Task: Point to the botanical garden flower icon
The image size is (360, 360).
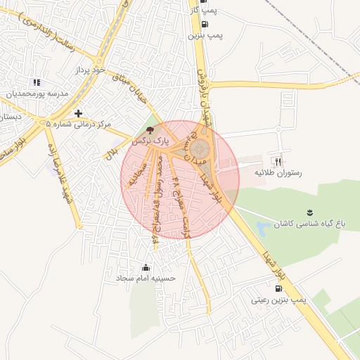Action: pos(309,212)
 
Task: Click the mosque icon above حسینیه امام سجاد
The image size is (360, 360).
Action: pos(146,267)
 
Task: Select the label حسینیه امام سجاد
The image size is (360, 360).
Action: pos(146,278)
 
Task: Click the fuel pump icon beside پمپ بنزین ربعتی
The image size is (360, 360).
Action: pos(279,288)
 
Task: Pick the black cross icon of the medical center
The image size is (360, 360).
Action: pos(78,112)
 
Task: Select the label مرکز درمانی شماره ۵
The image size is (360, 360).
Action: pos(78,124)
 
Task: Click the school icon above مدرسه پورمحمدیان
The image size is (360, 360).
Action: pos(37,82)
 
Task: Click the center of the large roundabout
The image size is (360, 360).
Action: pos(200,148)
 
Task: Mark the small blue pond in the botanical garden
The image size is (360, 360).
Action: pos(263,228)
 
